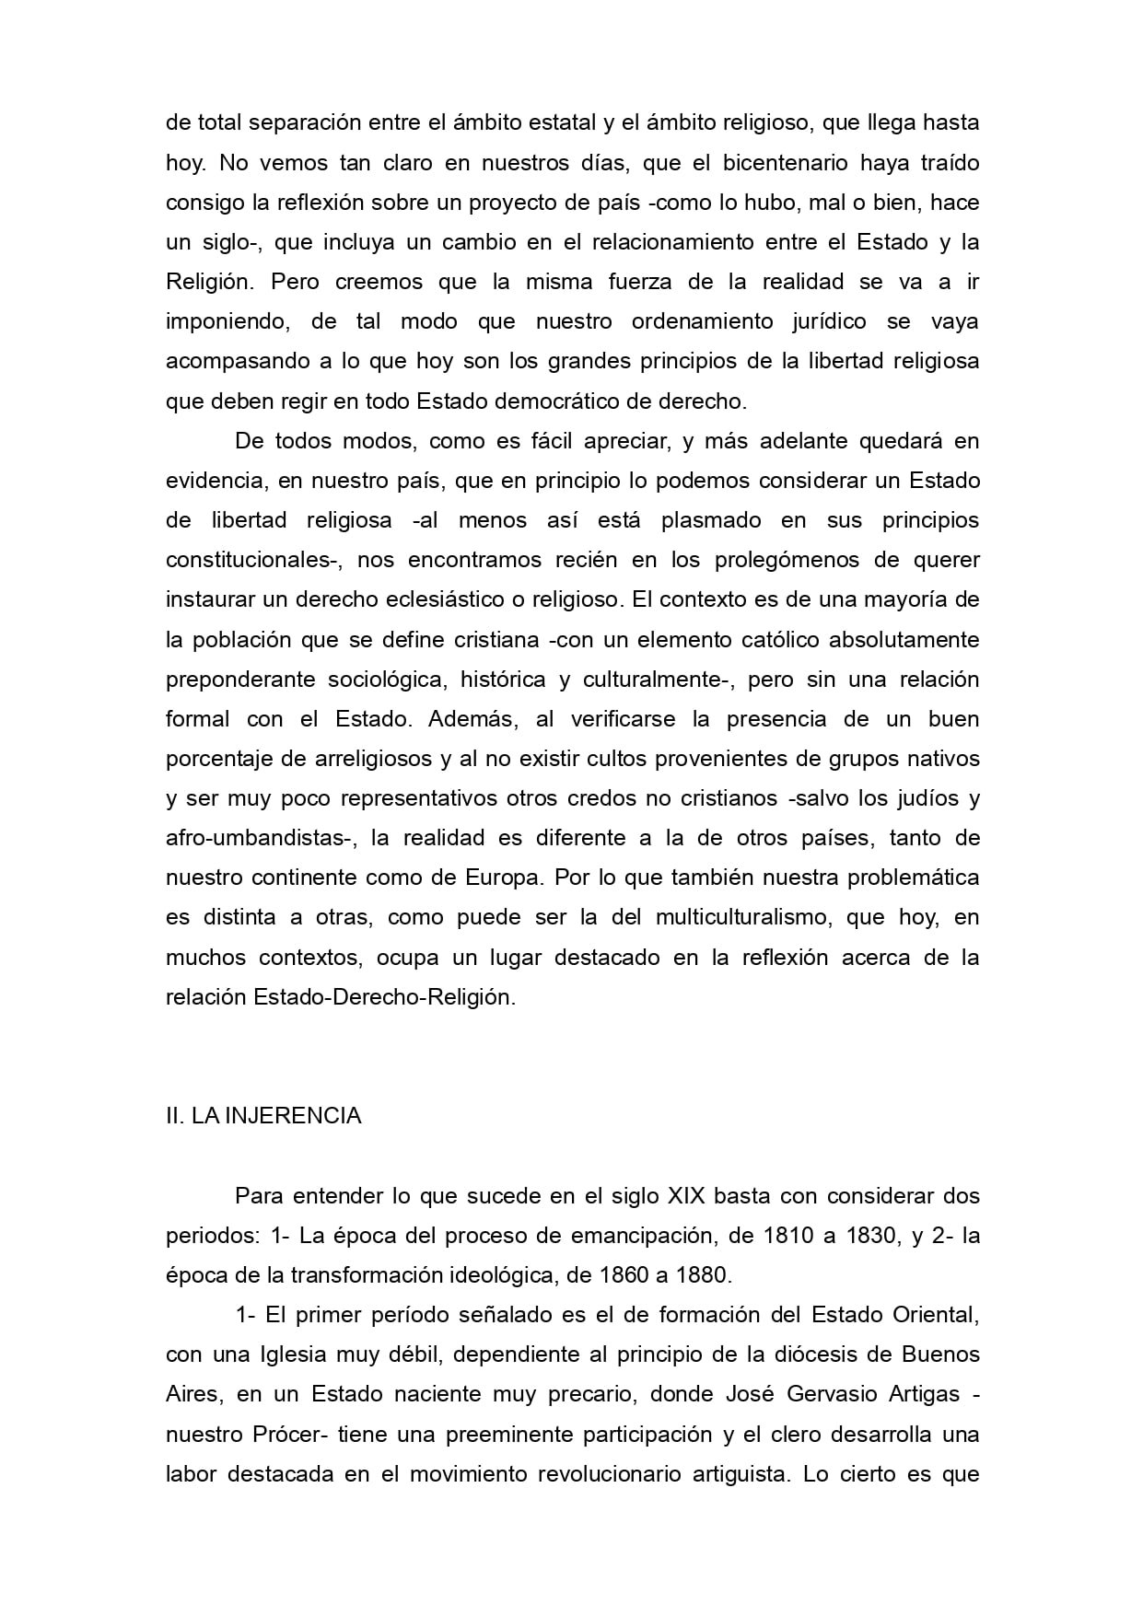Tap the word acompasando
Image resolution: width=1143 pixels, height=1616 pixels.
[237, 362]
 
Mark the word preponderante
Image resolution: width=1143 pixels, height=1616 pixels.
[240, 680]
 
